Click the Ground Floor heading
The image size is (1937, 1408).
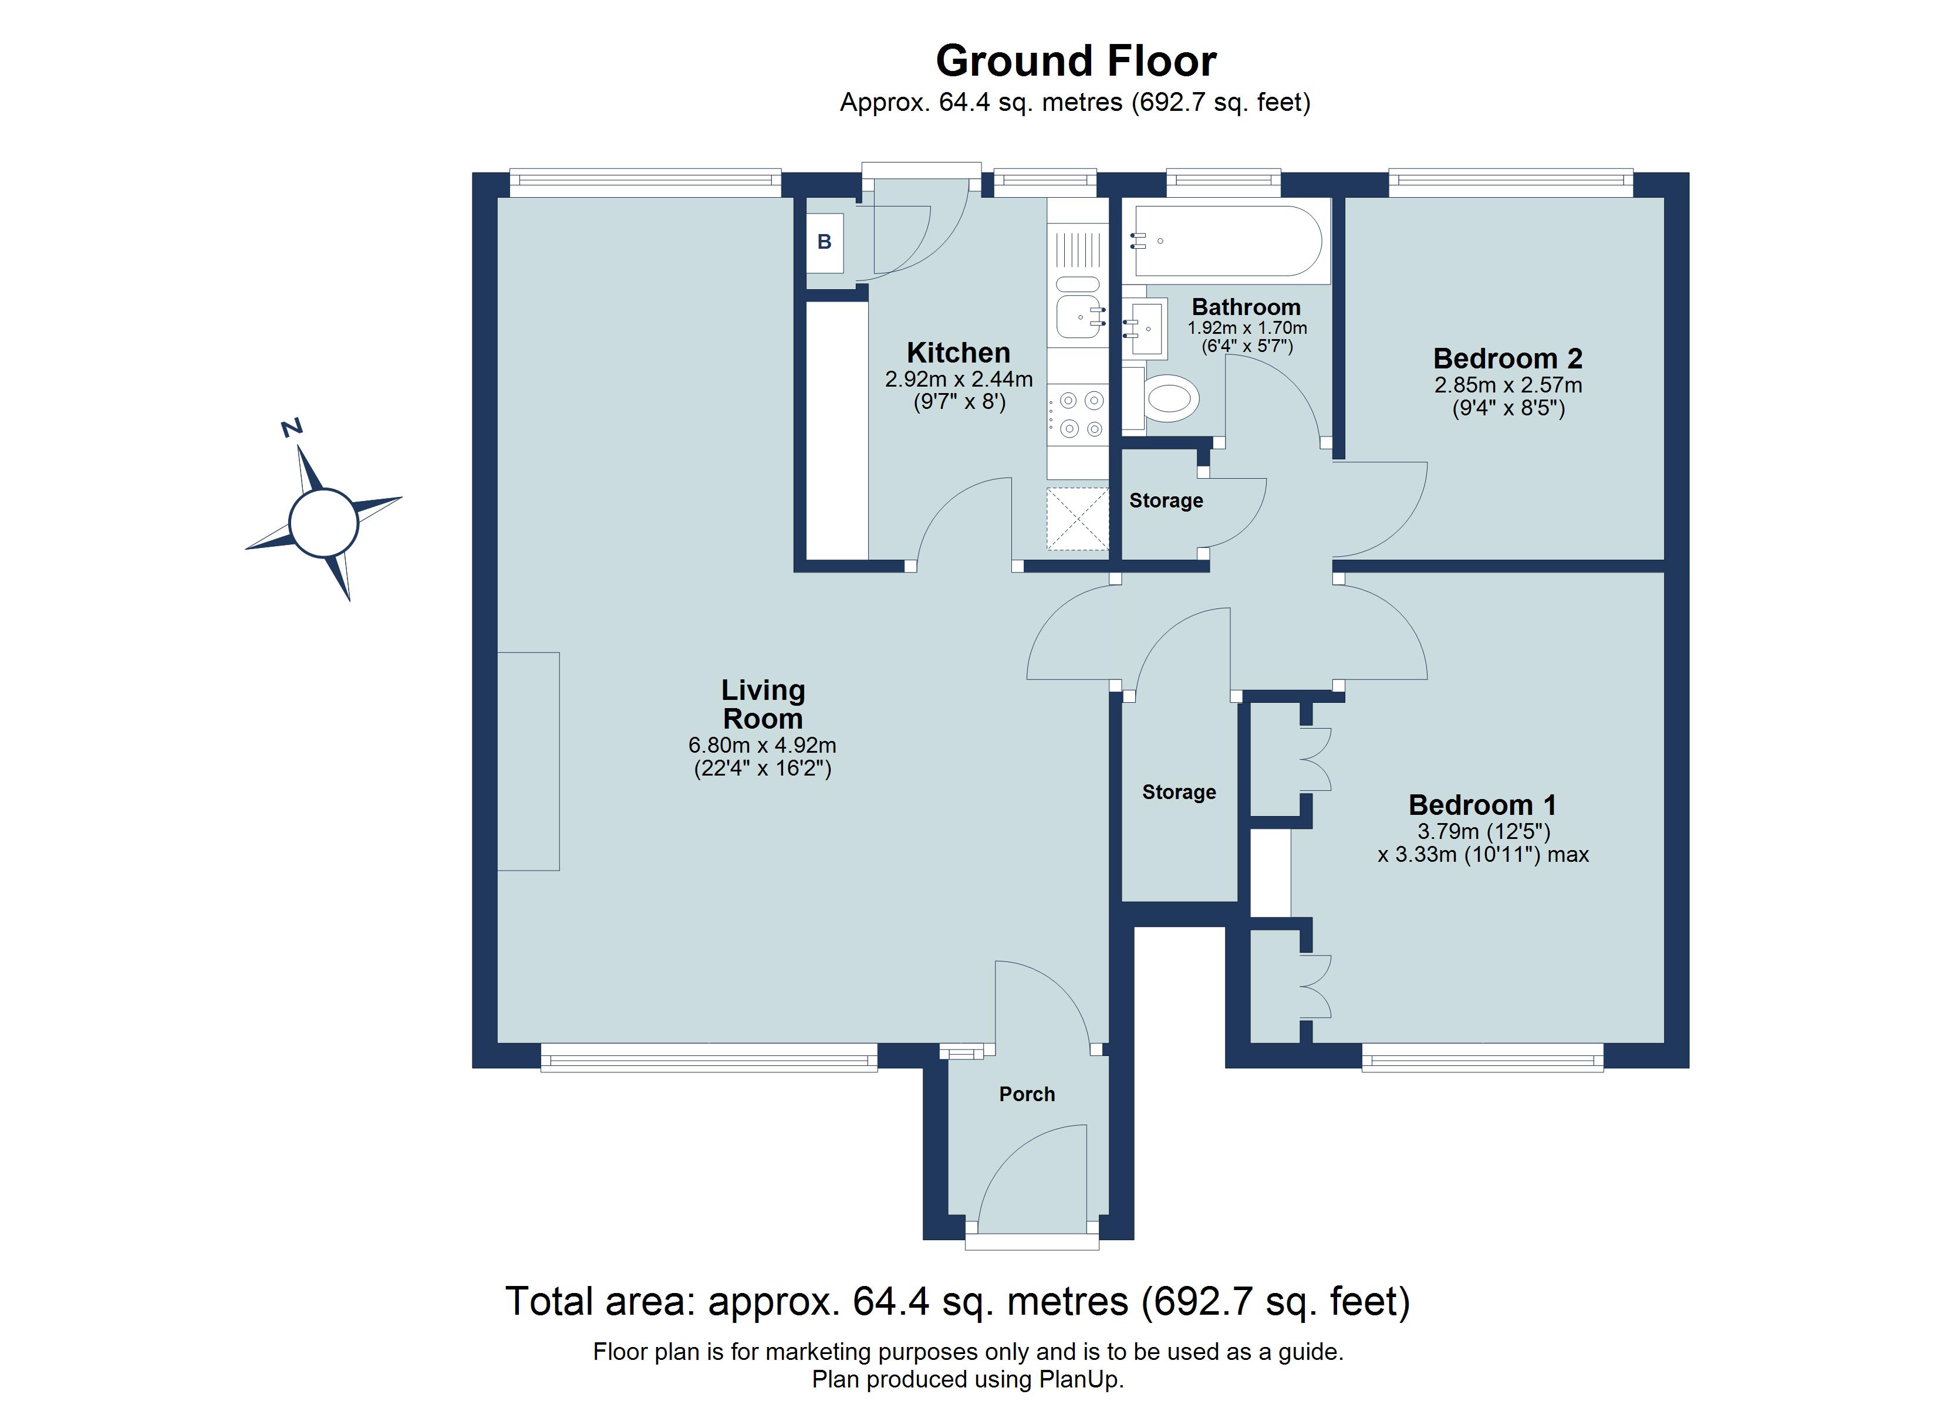click(x=1075, y=62)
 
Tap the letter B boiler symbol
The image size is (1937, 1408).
click(x=824, y=242)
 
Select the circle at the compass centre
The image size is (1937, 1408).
click(x=323, y=523)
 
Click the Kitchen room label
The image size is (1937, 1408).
click(x=959, y=353)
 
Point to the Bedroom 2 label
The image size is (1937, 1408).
click(x=1507, y=358)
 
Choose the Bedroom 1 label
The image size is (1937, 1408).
click(x=1482, y=804)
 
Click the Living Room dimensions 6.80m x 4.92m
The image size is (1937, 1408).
click(x=762, y=746)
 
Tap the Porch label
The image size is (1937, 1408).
click(x=1027, y=1094)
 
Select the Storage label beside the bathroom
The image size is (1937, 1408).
click(x=1166, y=500)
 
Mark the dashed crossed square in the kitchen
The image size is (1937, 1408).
click(x=1077, y=518)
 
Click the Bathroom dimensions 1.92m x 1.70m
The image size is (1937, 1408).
click(x=1247, y=328)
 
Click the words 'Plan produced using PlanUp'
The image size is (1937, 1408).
click(x=968, y=1379)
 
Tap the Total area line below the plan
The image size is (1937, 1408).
click(x=957, y=1301)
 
